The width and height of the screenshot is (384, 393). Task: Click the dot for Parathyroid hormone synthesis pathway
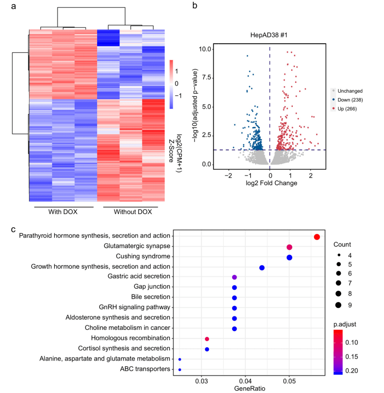click(x=317, y=237)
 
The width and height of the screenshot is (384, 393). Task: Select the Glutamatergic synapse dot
click(x=289, y=247)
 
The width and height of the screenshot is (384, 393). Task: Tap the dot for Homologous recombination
click(x=207, y=339)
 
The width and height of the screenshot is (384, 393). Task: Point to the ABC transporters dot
click(x=179, y=369)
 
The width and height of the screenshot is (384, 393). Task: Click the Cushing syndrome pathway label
click(x=143, y=256)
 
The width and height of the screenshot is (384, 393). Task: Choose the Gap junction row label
click(x=152, y=286)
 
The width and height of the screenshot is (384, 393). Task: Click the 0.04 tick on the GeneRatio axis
click(x=245, y=381)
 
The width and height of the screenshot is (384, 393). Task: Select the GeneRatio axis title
click(x=249, y=389)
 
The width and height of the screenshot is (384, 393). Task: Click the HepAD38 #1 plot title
click(x=269, y=35)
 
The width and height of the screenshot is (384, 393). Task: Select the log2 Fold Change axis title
click(x=271, y=183)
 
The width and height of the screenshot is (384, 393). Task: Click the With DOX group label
click(x=63, y=212)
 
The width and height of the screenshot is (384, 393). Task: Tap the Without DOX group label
click(x=133, y=212)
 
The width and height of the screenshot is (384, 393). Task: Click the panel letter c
click(x=13, y=229)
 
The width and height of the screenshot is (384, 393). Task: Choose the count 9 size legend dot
click(x=338, y=305)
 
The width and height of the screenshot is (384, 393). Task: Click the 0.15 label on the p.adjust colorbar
click(x=352, y=357)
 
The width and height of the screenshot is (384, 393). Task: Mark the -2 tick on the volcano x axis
click(x=228, y=176)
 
